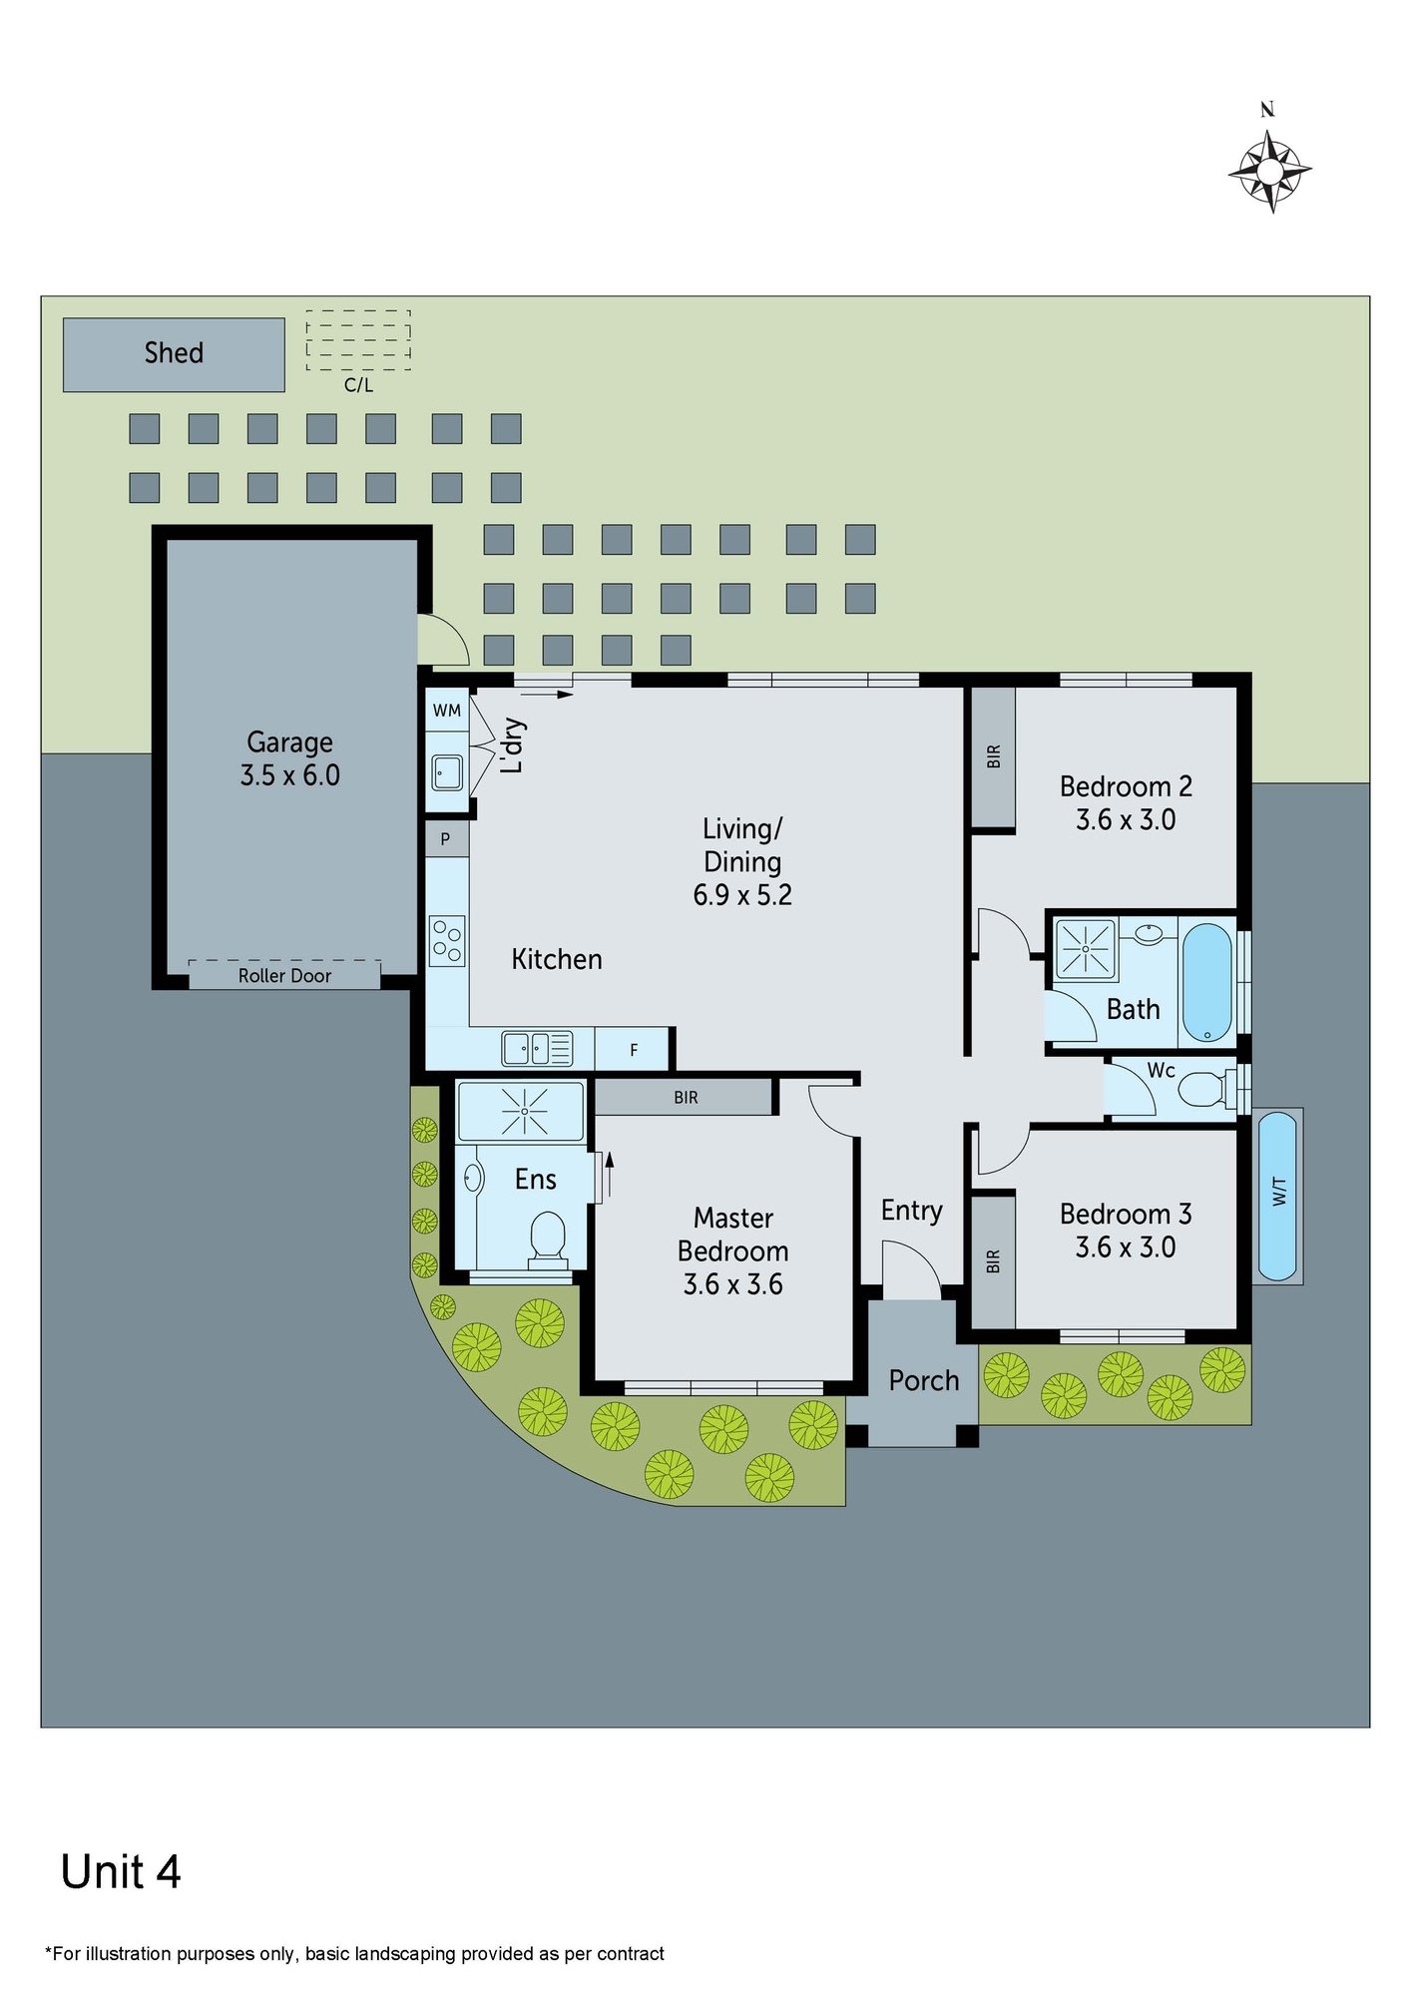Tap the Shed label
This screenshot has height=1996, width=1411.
(174, 353)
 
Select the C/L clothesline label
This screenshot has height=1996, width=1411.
(358, 385)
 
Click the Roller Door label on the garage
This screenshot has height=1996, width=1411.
(284, 976)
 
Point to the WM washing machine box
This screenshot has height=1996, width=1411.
(447, 711)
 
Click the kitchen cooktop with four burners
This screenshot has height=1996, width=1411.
(447, 941)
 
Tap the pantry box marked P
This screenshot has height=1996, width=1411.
(446, 839)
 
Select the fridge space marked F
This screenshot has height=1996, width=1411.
(633, 1050)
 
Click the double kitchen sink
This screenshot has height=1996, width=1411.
(537, 1049)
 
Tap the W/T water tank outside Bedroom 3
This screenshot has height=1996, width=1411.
(1277, 1196)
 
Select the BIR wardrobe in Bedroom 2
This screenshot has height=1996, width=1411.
(993, 756)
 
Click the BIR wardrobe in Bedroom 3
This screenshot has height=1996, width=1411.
(993, 1262)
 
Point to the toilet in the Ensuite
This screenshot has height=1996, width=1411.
(546, 1240)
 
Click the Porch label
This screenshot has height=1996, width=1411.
(924, 1381)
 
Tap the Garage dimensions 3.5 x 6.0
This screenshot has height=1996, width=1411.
(289, 775)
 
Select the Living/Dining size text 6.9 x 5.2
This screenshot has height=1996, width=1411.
(742, 895)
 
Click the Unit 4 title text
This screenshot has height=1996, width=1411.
(121, 1873)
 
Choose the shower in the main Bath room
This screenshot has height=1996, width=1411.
(1086, 948)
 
